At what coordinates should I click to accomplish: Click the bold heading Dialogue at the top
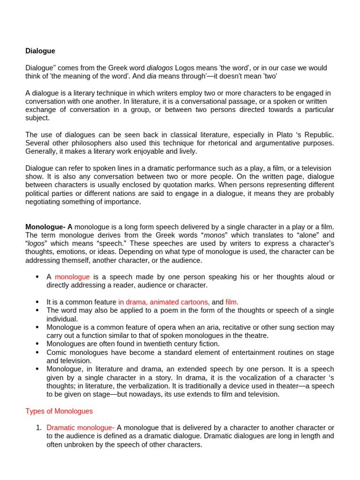point(40,51)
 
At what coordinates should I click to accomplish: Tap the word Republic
point(319,135)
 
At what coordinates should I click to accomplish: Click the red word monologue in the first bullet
point(72,277)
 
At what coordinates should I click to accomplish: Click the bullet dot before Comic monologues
point(37,352)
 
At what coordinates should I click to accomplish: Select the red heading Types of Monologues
point(59,411)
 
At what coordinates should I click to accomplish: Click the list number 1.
point(39,427)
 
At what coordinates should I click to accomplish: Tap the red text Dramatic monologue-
point(81,427)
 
